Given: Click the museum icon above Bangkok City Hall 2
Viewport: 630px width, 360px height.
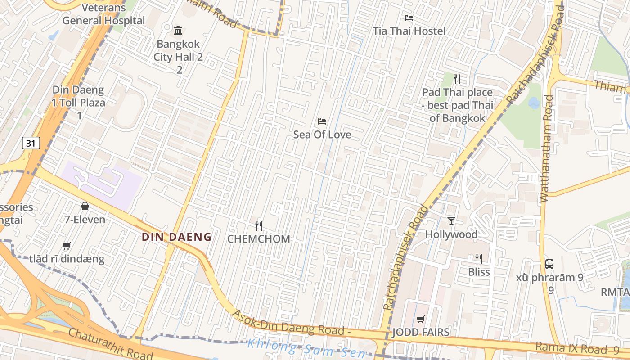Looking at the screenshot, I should click(178, 31).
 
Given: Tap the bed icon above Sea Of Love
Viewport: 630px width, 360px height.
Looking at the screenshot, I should click(322, 121).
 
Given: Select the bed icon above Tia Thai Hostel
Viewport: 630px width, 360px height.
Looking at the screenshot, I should click(409, 18).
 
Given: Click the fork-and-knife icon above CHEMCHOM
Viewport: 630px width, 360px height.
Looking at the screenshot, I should click(258, 225).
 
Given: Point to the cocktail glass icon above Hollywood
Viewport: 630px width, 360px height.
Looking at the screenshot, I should click(451, 220).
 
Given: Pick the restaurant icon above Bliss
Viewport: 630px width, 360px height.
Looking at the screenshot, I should click(479, 259).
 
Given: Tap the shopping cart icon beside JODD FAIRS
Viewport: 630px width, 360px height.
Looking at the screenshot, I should click(421, 319).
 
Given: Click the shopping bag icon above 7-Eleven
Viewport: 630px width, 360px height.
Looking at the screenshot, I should click(85, 207).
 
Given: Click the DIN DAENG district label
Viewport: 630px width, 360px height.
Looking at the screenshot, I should click(177, 237).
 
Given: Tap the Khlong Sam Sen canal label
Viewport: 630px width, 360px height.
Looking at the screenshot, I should click(306, 349).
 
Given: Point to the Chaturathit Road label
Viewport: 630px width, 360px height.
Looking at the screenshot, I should click(111, 344).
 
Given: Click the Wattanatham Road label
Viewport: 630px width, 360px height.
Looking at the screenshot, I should click(546, 148).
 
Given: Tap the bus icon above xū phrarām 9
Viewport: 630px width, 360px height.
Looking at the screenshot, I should click(549, 264).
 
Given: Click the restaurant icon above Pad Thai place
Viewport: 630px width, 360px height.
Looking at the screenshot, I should click(457, 80).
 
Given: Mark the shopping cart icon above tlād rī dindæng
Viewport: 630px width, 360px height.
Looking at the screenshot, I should click(67, 246).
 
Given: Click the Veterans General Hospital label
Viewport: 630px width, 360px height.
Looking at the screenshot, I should click(103, 14).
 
